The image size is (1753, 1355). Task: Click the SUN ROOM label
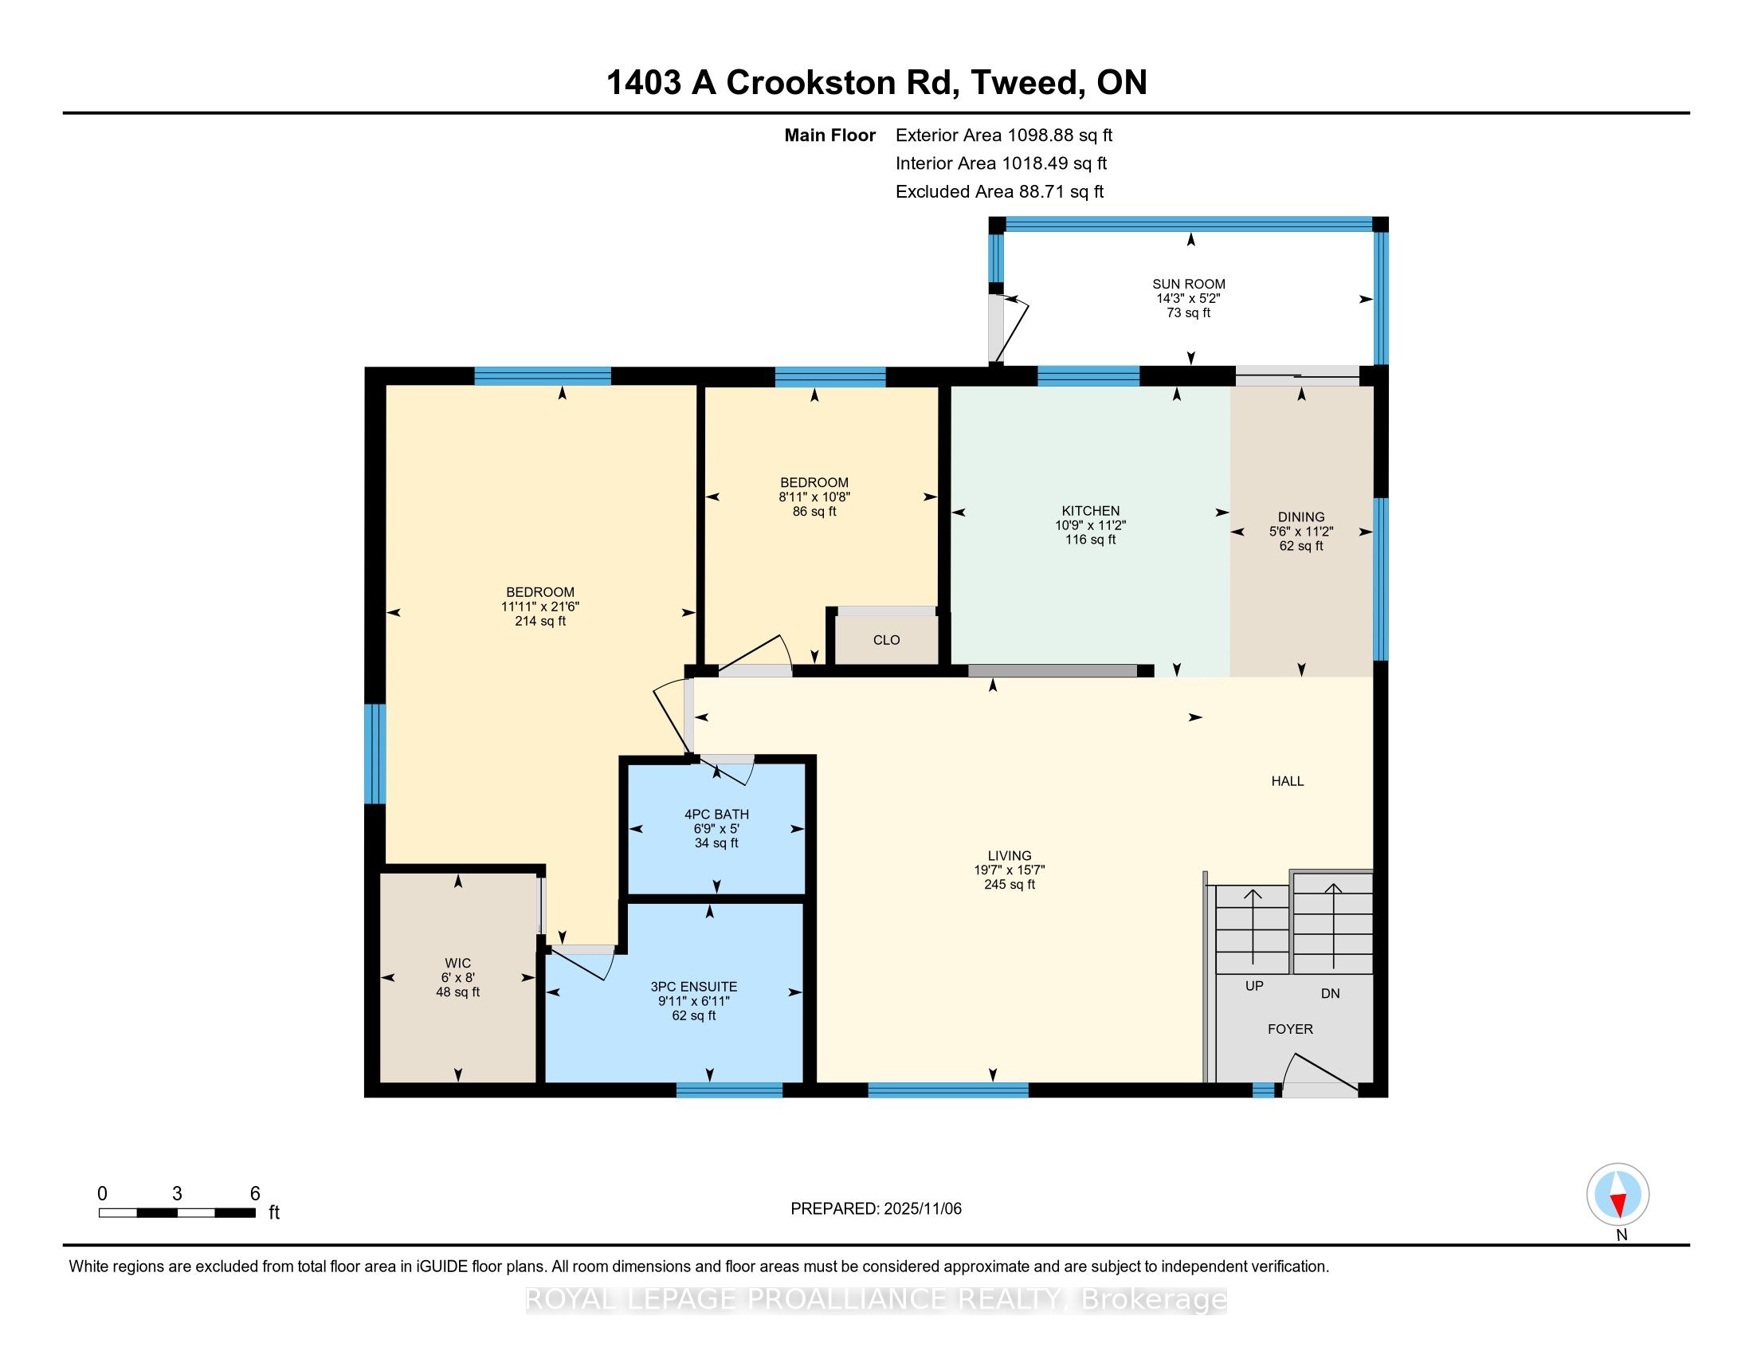point(1189,285)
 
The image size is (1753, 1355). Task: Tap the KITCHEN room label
point(1090,512)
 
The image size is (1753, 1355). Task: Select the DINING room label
point(1301,518)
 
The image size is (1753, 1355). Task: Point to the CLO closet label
point(886,641)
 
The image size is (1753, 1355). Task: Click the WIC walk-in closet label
point(458,964)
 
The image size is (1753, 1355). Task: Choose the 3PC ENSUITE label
point(693,988)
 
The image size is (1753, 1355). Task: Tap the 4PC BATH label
point(716,815)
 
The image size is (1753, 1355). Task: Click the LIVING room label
point(1010,857)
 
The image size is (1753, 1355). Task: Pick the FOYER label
point(1291,1030)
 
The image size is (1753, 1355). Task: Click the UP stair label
point(1254,987)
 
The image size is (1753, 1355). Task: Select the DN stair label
point(1331,994)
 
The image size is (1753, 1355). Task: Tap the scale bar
point(178,1213)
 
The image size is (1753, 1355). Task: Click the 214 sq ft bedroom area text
point(540,622)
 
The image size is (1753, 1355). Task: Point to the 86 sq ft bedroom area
point(814,512)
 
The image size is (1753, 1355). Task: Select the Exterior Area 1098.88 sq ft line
point(1004,135)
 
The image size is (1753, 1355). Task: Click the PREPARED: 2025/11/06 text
point(876,1209)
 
